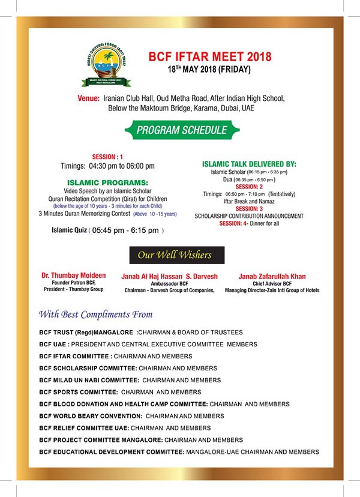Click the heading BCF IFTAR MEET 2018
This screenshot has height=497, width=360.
209,58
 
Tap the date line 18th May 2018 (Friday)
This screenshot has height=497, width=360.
209,70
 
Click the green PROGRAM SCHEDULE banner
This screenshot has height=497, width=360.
182,130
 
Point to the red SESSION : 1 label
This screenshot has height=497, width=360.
107,155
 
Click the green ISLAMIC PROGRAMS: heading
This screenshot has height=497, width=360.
107,182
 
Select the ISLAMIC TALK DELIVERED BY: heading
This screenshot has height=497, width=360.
248,163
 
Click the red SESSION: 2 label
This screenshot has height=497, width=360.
248,186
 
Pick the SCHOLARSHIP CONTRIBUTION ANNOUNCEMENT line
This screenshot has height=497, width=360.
249,216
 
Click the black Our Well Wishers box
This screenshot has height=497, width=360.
176,255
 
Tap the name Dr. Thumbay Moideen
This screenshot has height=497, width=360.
73,276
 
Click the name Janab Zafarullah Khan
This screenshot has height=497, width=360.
272,276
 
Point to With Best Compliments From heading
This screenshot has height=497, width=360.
96,314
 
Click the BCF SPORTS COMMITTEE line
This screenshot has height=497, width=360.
120,392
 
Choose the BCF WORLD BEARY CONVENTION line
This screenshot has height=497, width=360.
131,416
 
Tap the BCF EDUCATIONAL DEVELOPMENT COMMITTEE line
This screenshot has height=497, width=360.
179,452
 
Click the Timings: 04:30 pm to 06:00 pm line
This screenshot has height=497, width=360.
107,166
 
